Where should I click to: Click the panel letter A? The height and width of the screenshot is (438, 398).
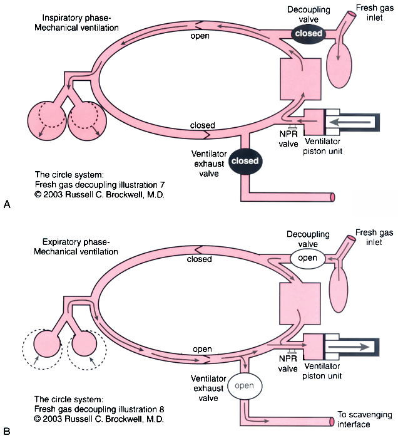[x=7, y=204]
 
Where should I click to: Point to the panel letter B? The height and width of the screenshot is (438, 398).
[x=7, y=430]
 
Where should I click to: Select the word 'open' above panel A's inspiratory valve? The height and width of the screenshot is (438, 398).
[x=200, y=36]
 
